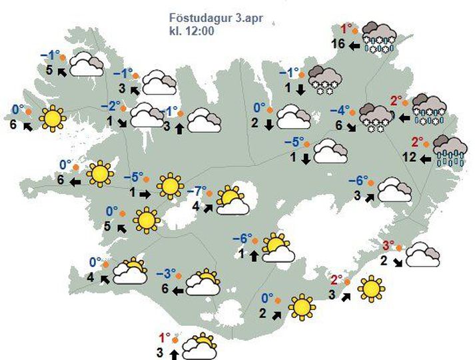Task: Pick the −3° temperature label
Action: point(165,273)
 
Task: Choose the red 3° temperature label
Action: point(388,244)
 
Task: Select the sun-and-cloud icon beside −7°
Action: point(232,201)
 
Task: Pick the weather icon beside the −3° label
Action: point(203,283)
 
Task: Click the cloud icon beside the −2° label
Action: point(148,115)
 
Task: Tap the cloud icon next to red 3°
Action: point(422,254)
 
